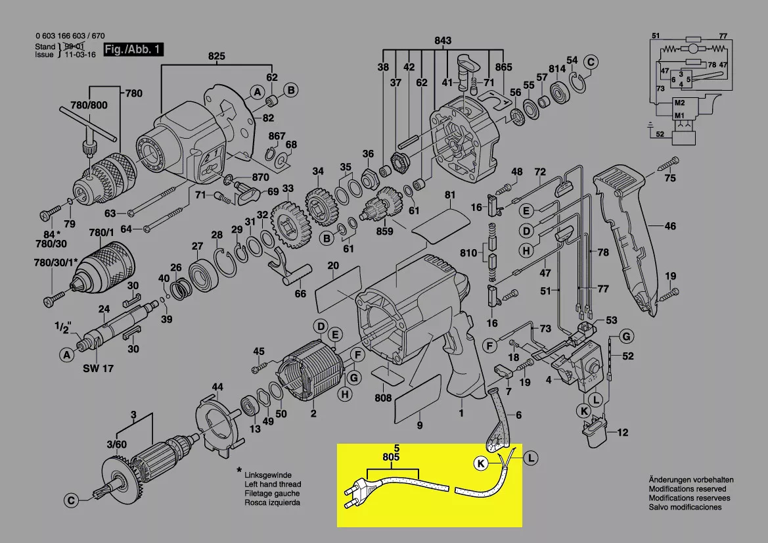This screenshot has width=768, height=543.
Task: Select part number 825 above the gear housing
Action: (x=217, y=56)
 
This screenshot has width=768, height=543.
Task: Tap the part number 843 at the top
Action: (x=443, y=41)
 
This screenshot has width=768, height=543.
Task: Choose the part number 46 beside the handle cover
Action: (x=669, y=227)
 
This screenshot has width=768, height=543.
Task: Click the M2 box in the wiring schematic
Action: (x=679, y=103)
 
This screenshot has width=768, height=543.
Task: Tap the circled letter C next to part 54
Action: (x=591, y=62)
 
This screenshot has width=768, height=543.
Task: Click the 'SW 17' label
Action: (x=99, y=369)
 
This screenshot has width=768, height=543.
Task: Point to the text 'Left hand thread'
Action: (x=272, y=484)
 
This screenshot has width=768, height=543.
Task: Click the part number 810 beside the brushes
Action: (x=468, y=253)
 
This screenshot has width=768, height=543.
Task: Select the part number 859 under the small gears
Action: (x=384, y=231)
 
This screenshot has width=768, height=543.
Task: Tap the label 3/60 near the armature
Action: (x=118, y=445)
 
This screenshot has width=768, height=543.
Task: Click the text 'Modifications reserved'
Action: (x=687, y=489)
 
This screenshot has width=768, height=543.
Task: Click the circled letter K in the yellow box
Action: (x=482, y=464)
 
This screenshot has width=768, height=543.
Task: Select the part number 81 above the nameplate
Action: (x=449, y=195)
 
